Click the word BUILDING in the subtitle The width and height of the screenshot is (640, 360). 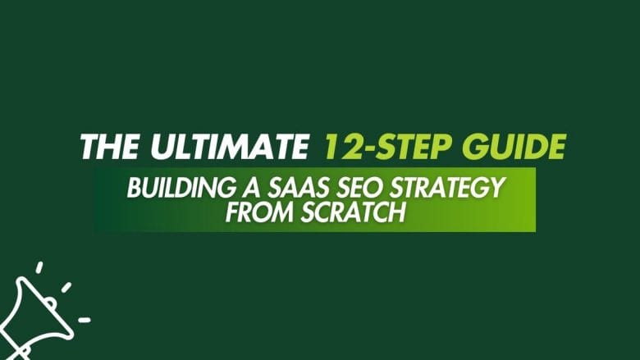point(171,188)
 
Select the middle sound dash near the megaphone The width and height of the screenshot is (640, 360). point(66,287)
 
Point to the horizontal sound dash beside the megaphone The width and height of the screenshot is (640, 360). point(84,319)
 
